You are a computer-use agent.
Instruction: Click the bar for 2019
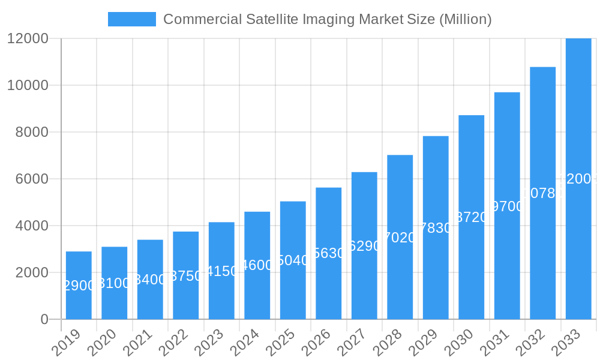coord(79,285)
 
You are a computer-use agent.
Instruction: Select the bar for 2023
coord(221,271)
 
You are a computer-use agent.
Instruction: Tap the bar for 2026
coord(329,253)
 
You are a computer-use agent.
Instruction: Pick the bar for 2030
coord(472,217)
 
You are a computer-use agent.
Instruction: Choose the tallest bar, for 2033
coord(578,179)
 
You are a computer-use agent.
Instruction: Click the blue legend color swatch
coord(132,19)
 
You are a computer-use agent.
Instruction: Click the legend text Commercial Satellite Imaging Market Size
coord(328,19)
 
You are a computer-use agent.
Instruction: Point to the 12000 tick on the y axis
coord(28,38)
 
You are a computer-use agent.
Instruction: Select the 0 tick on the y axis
coord(44,319)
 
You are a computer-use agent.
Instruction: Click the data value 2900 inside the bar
coord(79,286)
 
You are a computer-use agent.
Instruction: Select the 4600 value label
coord(257,265)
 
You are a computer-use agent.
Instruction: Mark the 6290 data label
coord(364,246)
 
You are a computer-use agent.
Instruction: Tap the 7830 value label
coord(436,228)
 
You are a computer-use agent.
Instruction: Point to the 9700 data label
coord(507,206)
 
